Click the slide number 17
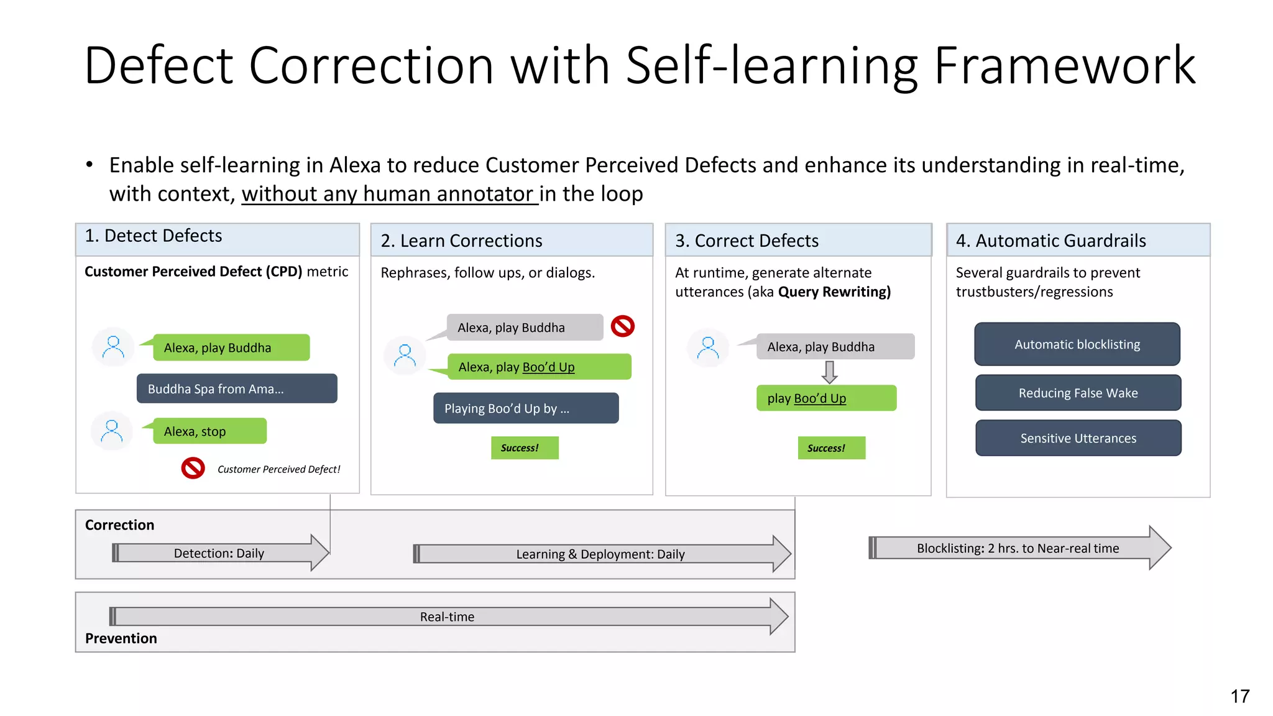(x=1239, y=696)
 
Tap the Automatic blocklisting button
(x=1077, y=344)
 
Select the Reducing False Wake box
(x=1078, y=393)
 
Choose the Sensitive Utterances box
(x=1078, y=438)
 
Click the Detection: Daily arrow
(x=219, y=553)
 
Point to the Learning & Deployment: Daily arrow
(x=600, y=554)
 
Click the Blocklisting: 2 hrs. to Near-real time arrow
(x=1018, y=548)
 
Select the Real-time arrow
(x=447, y=617)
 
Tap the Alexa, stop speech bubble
(x=209, y=431)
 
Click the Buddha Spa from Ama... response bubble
(x=236, y=389)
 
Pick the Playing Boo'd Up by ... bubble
(x=525, y=408)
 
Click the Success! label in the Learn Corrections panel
(x=524, y=447)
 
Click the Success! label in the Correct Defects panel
(x=831, y=448)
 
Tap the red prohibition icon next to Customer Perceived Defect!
(x=193, y=468)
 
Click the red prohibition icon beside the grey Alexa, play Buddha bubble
(x=622, y=326)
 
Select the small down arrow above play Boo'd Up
(x=829, y=372)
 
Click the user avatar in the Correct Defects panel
(x=708, y=347)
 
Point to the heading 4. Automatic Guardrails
(x=1050, y=241)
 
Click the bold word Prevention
(x=121, y=638)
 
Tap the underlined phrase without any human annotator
(x=389, y=194)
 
